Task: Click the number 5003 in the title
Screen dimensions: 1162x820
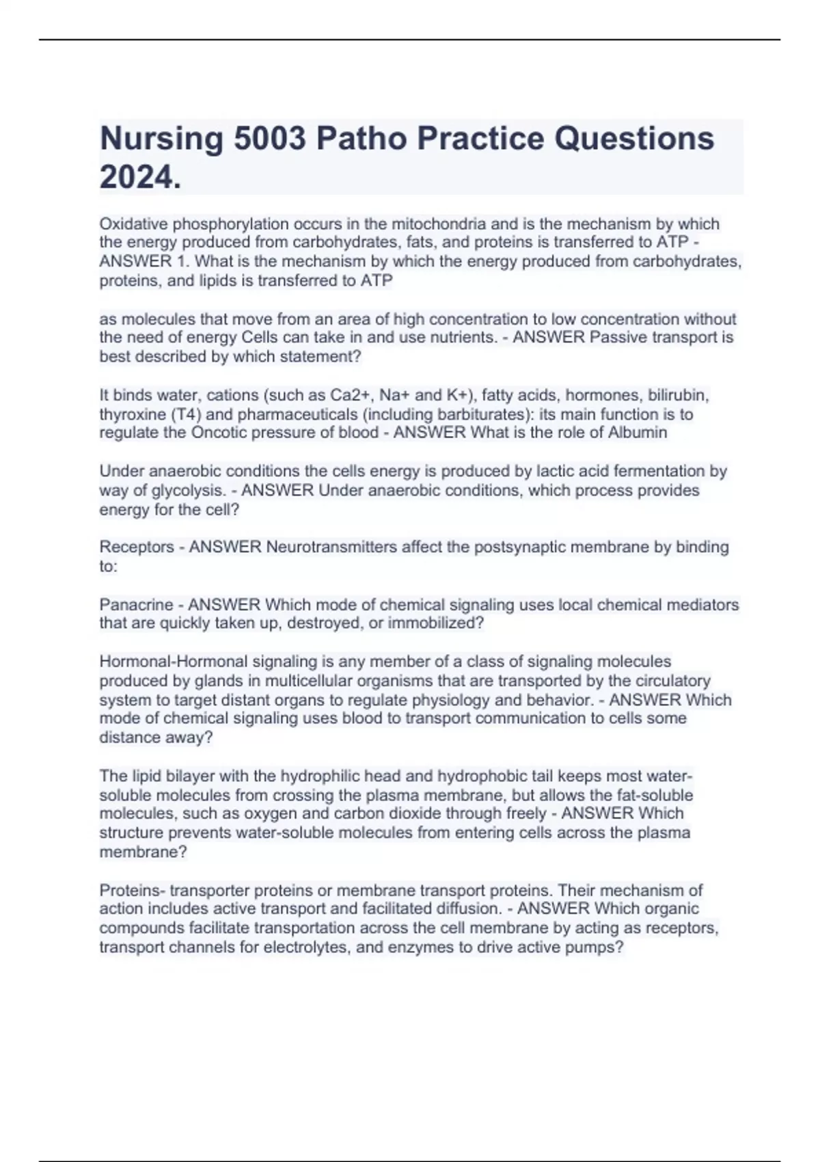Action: click(x=269, y=139)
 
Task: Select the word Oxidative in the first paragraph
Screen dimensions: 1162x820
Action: click(x=133, y=224)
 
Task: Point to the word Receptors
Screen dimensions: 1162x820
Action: click(x=137, y=547)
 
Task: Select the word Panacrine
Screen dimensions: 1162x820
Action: click(x=136, y=605)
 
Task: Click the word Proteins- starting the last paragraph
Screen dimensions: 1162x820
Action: click(x=132, y=890)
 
